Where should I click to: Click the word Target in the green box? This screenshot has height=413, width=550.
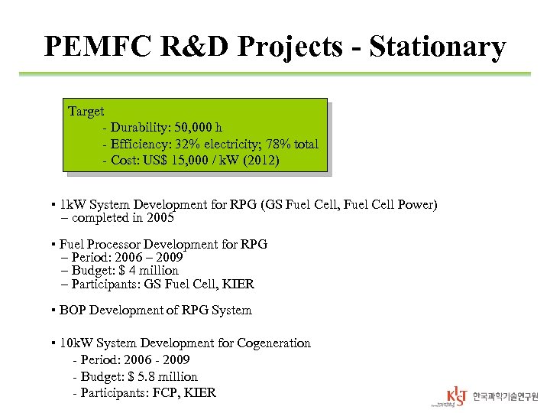point(86,112)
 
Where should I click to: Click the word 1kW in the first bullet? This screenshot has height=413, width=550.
point(73,205)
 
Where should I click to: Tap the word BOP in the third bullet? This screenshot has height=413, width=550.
point(72,311)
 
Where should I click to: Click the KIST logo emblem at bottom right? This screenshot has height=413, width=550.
point(455,395)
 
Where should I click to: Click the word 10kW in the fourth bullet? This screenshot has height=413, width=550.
point(76,343)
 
